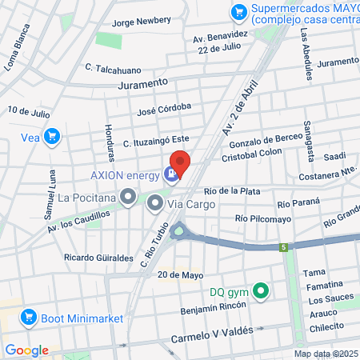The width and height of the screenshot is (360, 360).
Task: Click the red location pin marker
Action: [x=180, y=164]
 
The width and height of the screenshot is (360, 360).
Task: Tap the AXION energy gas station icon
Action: [x=170, y=174]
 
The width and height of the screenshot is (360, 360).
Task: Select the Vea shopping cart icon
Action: [x=52, y=137]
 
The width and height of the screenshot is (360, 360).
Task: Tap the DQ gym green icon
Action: [x=259, y=291]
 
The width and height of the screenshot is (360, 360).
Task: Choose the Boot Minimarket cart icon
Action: [x=30, y=318]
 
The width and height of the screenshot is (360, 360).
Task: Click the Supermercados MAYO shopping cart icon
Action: [x=238, y=12]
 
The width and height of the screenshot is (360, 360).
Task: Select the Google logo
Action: [x=26, y=350]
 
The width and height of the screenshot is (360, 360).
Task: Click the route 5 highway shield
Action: [x=283, y=248]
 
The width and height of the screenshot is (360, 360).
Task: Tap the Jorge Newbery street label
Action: [x=142, y=23]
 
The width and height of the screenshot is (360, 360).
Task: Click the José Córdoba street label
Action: [x=164, y=107]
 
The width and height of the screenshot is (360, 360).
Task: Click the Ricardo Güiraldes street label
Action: [x=98, y=258]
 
